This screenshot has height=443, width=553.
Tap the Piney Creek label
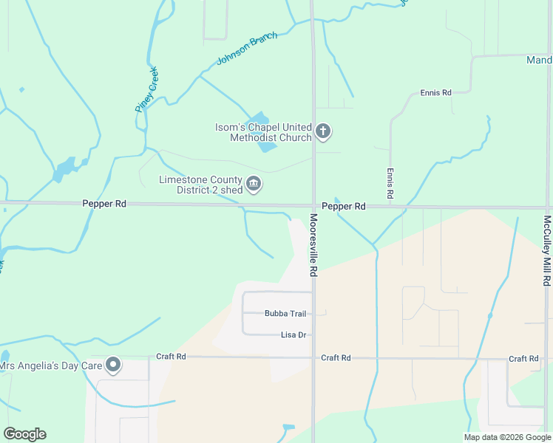tap(146, 89)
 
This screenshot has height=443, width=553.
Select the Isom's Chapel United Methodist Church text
tap(263, 132)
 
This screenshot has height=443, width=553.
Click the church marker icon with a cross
tap(322, 132)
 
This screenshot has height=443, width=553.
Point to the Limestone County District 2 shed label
tap(200, 185)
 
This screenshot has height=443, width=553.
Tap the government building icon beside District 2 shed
tap(254, 184)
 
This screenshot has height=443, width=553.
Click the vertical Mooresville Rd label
tap(313, 245)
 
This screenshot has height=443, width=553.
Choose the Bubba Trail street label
tap(285, 314)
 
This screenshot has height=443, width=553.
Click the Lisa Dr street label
tap(294, 335)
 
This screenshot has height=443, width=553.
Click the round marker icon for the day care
tap(113, 365)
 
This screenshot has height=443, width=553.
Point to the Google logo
tap(24, 434)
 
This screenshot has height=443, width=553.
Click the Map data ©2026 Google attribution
tap(506, 437)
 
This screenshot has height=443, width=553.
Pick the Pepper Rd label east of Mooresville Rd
tap(343, 207)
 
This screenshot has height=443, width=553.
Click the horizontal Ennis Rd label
tap(435, 93)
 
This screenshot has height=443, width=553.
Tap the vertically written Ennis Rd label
tap(390, 182)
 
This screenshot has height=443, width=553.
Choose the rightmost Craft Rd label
tap(523, 359)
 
